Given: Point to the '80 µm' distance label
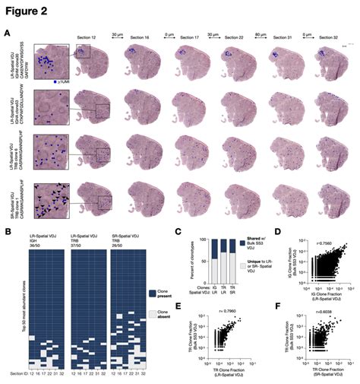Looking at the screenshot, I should point(258,34).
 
